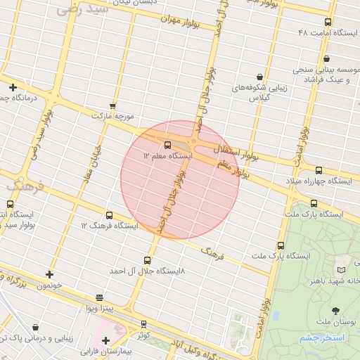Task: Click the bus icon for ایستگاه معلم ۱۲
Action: pyautogui.click(x=167, y=145)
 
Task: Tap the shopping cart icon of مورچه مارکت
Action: pyautogui.click(x=112, y=105)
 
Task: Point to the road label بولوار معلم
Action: pyautogui.click(x=234, y=169)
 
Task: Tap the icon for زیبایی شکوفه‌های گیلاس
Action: pyautogui.click(x=259, y=77)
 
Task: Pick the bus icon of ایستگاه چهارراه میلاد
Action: pyautogui.click(x=319, y=170)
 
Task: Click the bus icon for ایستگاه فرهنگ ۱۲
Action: pyautogui.click(x=108, y=215)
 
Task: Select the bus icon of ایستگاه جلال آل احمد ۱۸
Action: pyautogui.click(x=147, y=260)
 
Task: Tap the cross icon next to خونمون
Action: pyautogui.click(x=49, y=275)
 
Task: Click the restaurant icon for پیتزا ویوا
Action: pyautogui.click(x=99, y=298)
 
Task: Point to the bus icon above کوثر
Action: pyautogui.click(x=143, y=324)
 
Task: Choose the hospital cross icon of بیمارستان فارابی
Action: pyautogui.click(x=105, y=340)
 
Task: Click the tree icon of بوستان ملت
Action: pyautogui.click(x=334, y=311)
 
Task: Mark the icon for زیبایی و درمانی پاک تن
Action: pyautogui.click(x=35, y=327)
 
